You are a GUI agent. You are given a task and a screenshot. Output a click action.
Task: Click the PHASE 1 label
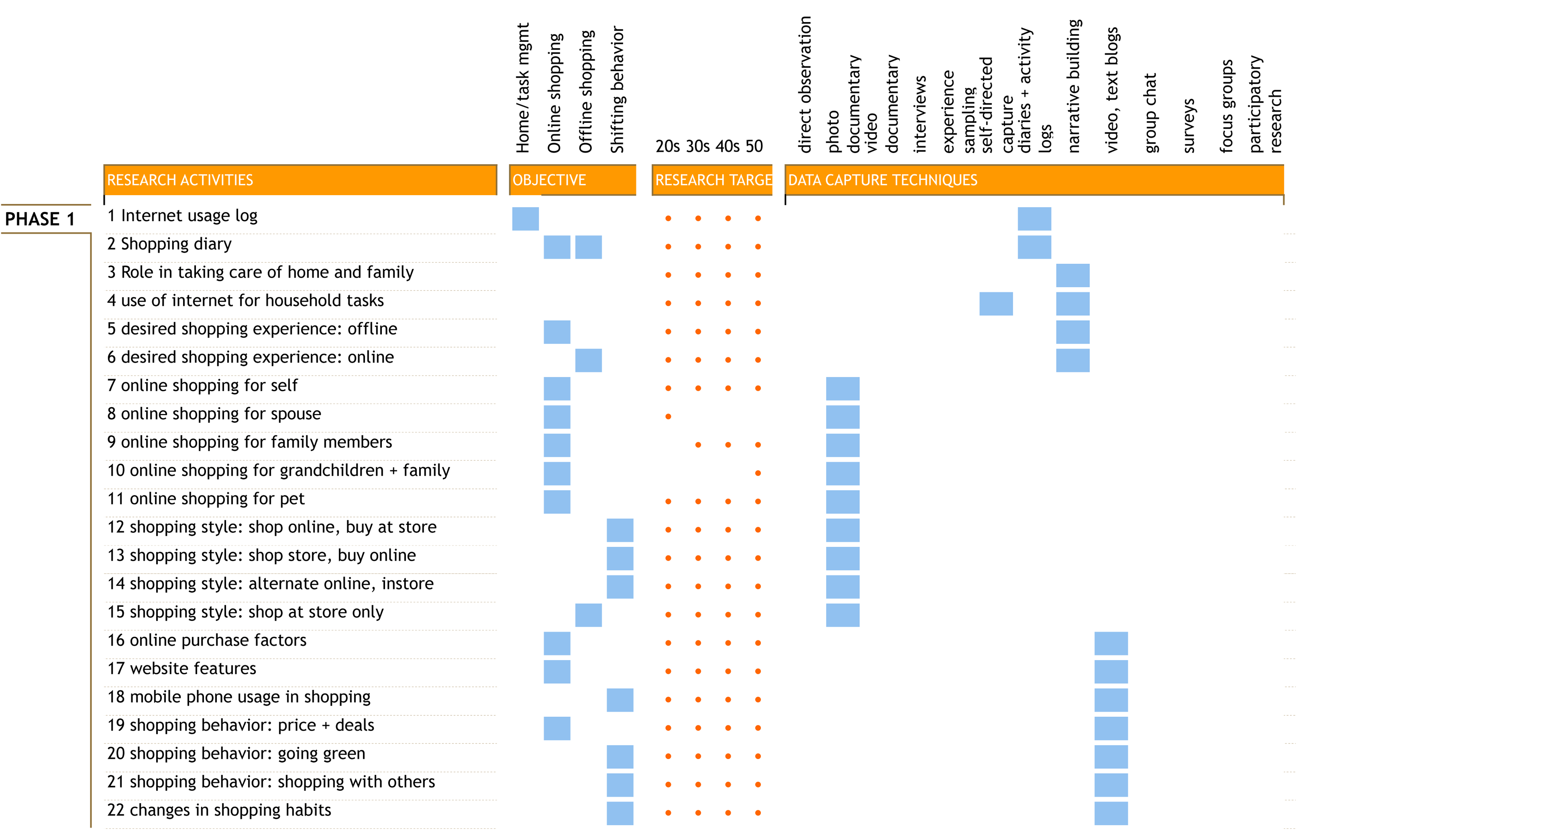pos(39,219)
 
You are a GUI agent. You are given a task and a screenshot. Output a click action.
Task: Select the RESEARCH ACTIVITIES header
pos(180,180)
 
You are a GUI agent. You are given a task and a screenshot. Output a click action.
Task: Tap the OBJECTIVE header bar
pos(572,180)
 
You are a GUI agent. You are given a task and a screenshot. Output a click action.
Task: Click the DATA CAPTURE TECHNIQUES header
pos(882,180)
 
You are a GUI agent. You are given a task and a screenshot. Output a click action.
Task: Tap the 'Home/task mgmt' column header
pos(523,88)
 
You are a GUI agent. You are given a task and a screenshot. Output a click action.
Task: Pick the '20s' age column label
pos(667,146)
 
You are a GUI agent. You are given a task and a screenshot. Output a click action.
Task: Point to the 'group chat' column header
pos(1150,113)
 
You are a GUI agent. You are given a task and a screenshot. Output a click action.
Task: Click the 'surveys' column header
pos(1189,126)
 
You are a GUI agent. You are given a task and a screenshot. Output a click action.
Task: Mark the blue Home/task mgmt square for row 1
pos(525,219)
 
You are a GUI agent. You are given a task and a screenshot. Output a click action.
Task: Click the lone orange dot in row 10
pos(758,473)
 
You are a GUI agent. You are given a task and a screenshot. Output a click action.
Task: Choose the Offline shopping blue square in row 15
pos(588,615)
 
